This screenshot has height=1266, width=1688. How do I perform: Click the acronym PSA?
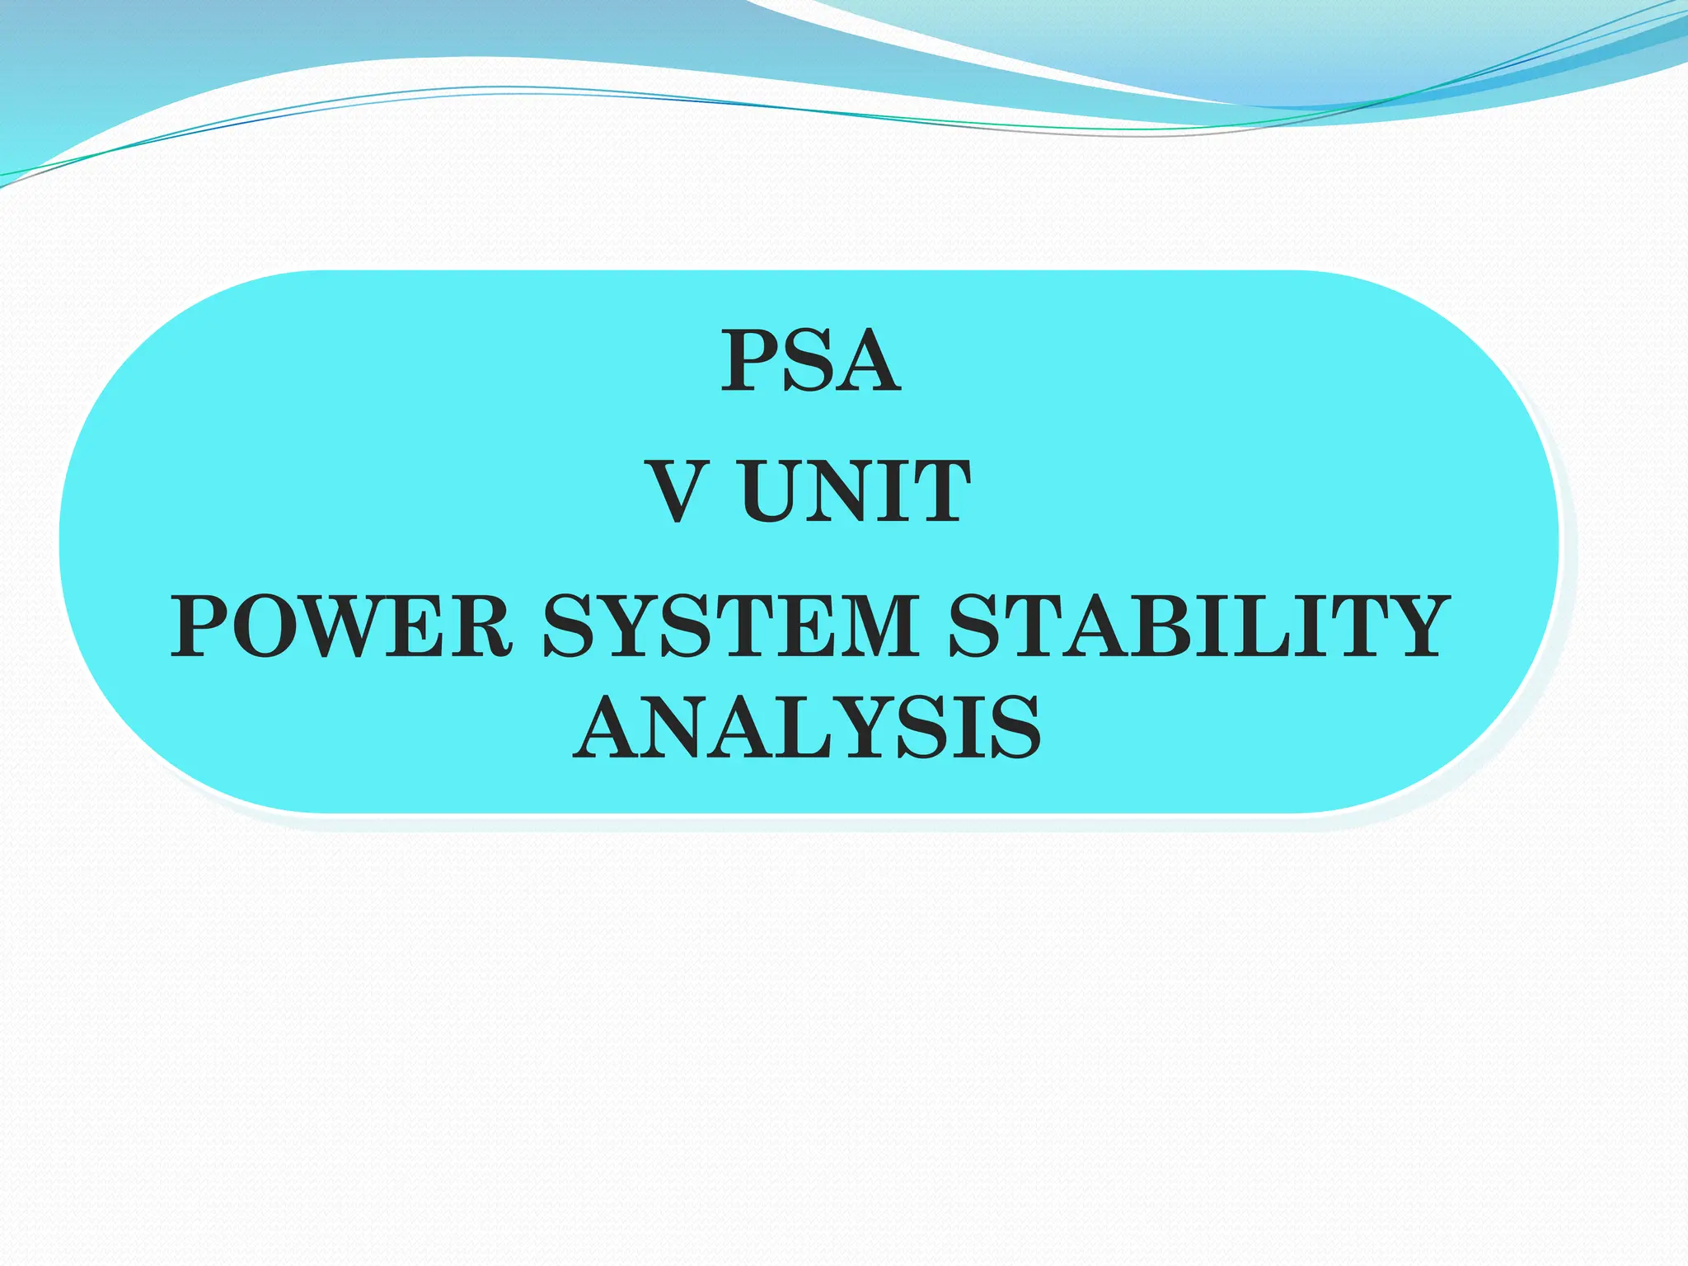(811, 362)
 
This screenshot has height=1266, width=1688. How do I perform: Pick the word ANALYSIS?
(808, 728)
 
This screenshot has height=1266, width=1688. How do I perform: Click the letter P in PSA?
(750, 362)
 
